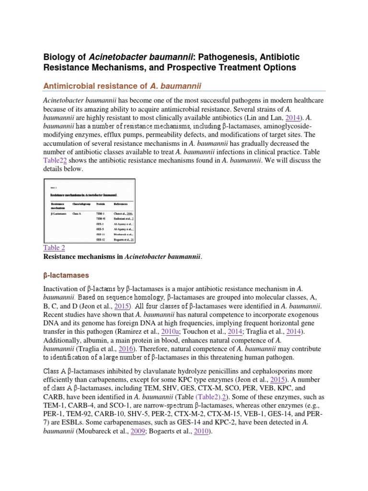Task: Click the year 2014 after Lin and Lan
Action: [x=294, y=117]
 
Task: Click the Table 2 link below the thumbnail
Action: [x=54, y=247]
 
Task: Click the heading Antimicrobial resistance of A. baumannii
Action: [x=122, y=85]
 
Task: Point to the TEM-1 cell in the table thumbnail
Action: [x=100, y=213]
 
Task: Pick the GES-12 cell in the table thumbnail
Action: [x=101, y=238]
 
